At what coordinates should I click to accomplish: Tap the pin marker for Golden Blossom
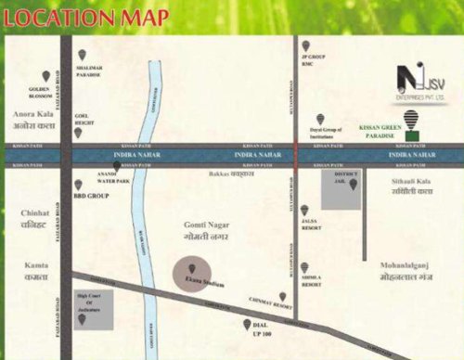(45, 76)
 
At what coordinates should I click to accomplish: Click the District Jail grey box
(339, 189)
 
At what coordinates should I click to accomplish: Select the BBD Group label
(97, 197)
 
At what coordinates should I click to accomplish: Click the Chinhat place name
(34, 217)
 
